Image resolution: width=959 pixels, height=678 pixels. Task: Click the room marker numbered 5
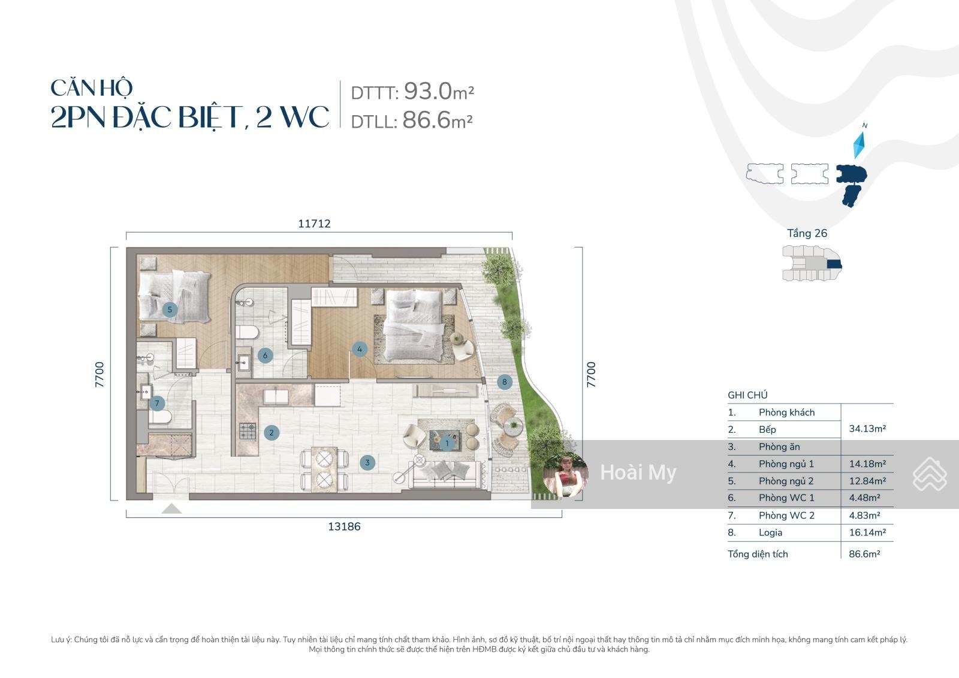(x=170, y=310)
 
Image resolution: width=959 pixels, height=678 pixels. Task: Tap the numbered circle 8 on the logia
(x=504, y=382)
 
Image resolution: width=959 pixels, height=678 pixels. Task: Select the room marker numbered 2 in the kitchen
(x=272, y=433)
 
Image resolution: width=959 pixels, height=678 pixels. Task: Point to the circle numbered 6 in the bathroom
(x=265, y=355)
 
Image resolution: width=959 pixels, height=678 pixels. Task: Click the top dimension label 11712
(x=314, y=224)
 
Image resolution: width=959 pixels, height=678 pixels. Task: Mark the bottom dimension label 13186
(x=344, y=526)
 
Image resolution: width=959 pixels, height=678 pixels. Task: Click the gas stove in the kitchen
(x=248, y=431)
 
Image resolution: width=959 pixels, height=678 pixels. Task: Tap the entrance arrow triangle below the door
(x=171, y=508)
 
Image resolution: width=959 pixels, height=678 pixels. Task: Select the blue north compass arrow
(x=859, y=144)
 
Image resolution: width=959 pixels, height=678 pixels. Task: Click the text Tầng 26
(x=807, y=233)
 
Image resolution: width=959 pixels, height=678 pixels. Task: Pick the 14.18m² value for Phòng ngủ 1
(x=867, y=463)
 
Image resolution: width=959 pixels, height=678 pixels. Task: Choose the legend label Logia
(x=770, y=532)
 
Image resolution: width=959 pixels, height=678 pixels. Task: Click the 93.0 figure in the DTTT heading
(x=428, y=91)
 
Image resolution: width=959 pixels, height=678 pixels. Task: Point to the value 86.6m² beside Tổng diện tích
(x=864, y=554)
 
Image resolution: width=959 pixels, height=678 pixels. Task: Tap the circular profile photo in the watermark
(x=565, y=474)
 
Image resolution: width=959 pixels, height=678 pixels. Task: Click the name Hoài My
(x=638, y=472)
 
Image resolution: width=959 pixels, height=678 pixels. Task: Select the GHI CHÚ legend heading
(x=747, y=395)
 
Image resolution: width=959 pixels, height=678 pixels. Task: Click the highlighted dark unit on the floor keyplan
(x=834, y=264)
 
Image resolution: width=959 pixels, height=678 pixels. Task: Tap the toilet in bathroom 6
(x=247, y=332)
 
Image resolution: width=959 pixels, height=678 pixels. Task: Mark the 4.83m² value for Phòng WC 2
(x=864, y=516)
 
